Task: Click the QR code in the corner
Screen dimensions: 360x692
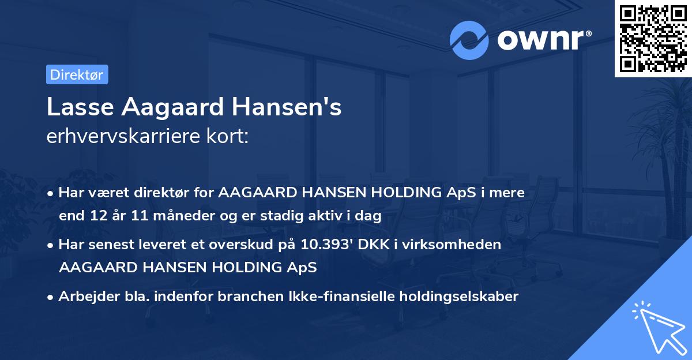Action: (x=652, y=39)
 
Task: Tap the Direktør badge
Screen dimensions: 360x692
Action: (x=77, y=74)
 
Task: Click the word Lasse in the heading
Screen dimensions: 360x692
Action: (x=73, y=107)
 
